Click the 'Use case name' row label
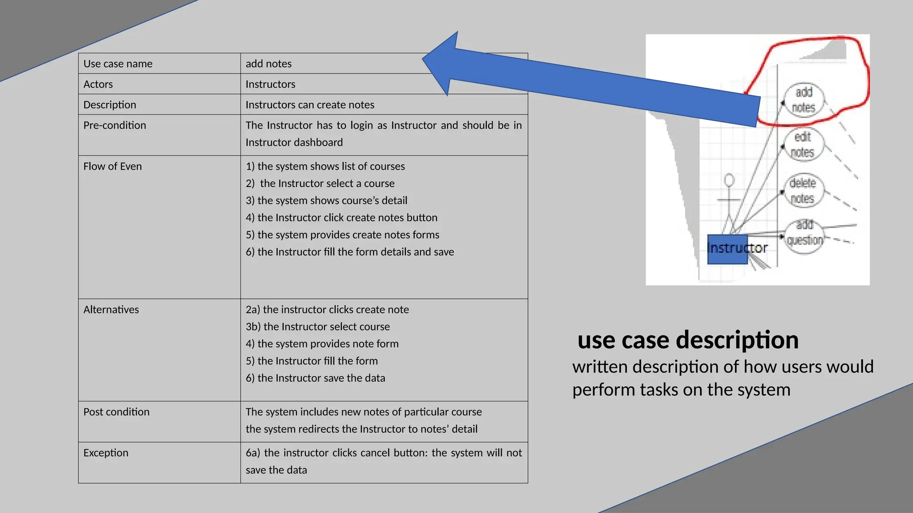click(118, 64)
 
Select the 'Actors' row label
click(98, 84)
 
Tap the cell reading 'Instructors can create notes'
click(310, 105)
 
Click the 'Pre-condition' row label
click(115, 125)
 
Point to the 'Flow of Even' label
click(112, 166)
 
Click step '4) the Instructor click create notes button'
click(341, 217)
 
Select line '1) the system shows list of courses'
click(325, 166)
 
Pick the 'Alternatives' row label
click(111, 309)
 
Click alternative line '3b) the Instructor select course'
click(317, 326)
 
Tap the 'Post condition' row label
click(116, 412)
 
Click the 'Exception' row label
click(106, 453)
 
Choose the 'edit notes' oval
click(802, 145)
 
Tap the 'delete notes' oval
click(802, 191)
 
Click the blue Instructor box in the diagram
click(728, 249)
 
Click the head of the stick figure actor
click(729, 180)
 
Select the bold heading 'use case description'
click(688, 340)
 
